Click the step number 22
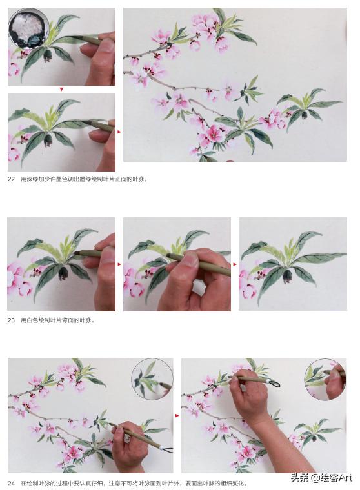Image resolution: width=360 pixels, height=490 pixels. pos(11,179)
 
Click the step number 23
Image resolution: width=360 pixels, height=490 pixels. pos(11,320)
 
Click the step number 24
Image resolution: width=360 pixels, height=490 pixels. pos(11,483)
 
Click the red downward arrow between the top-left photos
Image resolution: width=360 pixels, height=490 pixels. pos(61,90)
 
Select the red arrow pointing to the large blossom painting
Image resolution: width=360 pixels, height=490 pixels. pos(119,132)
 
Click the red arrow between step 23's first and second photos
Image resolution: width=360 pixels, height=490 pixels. pos(119,264)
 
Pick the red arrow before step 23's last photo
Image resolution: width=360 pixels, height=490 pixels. pos(235,264)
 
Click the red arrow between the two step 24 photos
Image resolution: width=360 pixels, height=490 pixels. pos(177,416)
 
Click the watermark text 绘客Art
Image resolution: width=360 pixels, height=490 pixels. pos(330,477)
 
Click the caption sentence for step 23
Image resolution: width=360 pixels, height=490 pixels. pos(58,320)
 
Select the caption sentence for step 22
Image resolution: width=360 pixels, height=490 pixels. pos(84,179)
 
